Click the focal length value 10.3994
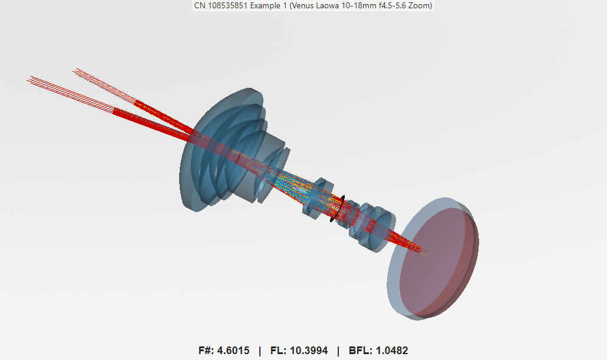pyautogui.click(x=308, y=351)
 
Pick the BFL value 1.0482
pyautogui.click(x=388, y=351)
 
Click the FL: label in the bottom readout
pyautogui.click(x=278, y=351)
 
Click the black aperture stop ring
pyautogui.click(x=337, y=209)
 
